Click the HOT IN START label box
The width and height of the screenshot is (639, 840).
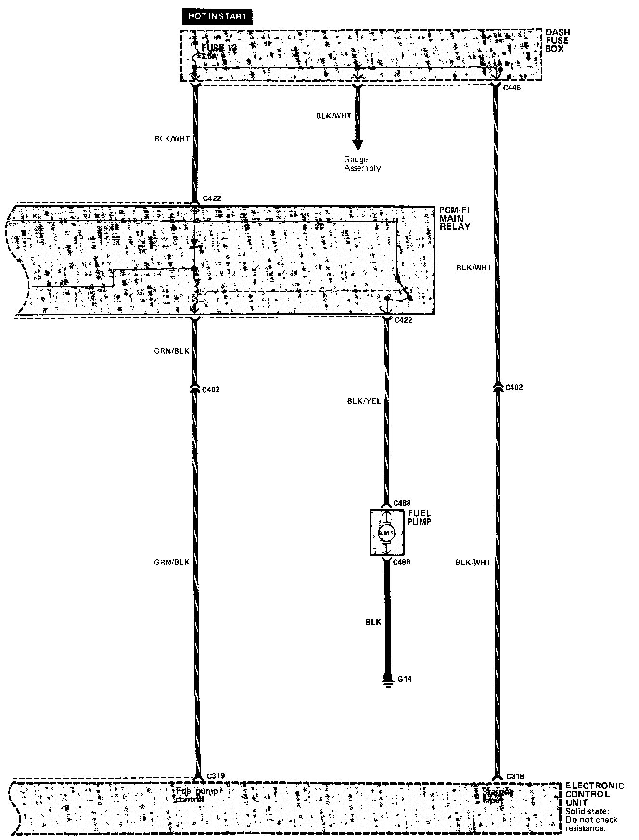pos(217,16)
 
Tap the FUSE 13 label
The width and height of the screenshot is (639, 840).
pos(219,48)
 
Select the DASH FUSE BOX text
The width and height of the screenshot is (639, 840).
pos(558,41)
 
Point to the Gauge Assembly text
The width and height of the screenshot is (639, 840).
pos(362,164)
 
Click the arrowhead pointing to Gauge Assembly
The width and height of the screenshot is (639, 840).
pos(358,144)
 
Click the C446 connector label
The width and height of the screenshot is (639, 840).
pos(511,88)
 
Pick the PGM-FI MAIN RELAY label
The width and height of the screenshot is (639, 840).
pos(455,218)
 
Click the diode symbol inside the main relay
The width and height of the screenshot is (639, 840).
pos(194,243)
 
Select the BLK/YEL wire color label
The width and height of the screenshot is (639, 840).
pos(364,401)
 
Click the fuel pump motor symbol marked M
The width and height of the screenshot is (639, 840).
pos(386,533)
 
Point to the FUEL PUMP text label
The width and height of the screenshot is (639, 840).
pos(420,517)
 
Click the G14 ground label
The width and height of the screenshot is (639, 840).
pos(405,679)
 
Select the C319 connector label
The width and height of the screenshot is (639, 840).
pos(216,776)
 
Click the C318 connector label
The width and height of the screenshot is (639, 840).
pos(515,776)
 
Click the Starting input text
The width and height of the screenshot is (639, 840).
pos(498,796)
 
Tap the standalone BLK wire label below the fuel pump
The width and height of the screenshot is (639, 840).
pos(373,622)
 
